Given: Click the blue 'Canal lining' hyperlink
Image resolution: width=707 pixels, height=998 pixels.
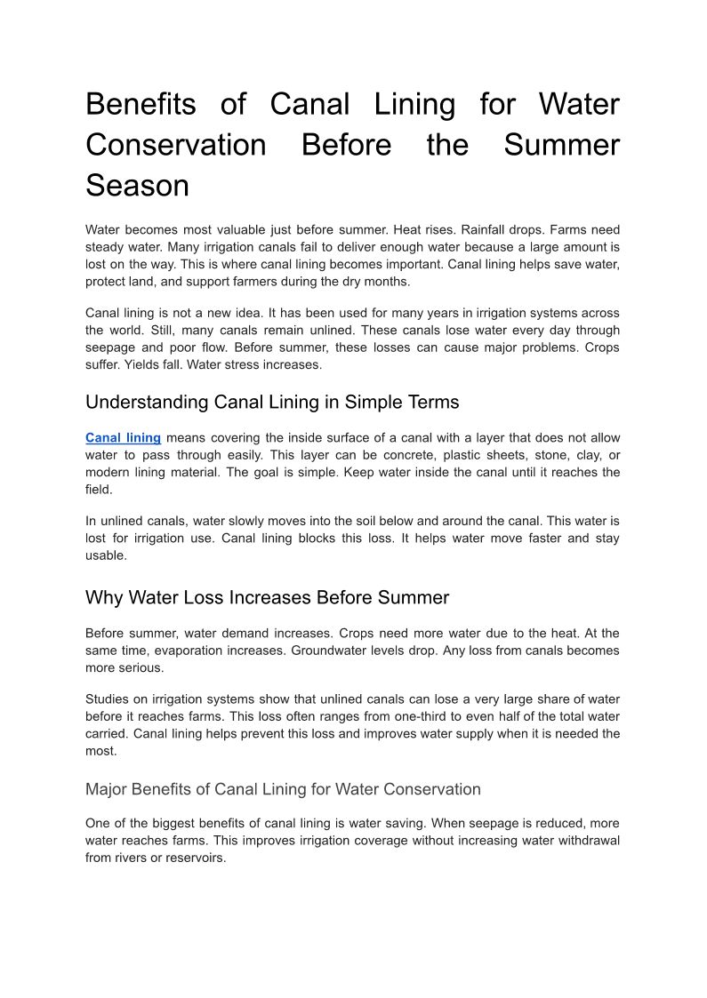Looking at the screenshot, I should (123, 438).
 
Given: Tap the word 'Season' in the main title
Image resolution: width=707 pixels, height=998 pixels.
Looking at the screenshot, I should (137, 186).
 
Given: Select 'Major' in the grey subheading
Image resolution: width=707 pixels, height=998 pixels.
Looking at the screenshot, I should (108, 789).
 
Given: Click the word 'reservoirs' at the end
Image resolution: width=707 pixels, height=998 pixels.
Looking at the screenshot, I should (195, 858).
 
